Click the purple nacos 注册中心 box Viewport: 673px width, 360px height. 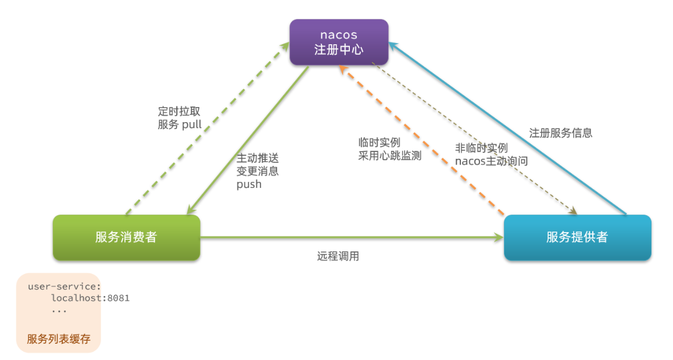[339, 42]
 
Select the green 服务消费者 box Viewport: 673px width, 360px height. [127, 237]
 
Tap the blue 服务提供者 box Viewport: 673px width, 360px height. [577, 237]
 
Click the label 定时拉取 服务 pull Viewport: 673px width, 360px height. [180, 118]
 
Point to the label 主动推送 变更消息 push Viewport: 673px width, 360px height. [257, 172]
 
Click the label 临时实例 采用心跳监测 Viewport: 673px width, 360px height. [390, 149]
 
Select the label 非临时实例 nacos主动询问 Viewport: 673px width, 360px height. [492, 155]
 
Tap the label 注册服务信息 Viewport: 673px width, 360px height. [561, 133]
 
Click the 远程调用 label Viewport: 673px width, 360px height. [338, 256]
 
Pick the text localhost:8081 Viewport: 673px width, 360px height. [91, 298]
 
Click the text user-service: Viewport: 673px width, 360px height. [65, 287]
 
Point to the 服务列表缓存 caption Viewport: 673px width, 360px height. [59, 339]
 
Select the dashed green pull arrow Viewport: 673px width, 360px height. [207, 128]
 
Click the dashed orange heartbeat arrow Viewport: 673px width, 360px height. [422, 140]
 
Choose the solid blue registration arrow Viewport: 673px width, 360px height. [507, 127]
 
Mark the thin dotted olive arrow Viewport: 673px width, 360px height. [474, 138]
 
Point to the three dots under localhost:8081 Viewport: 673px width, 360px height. [59, 311]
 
